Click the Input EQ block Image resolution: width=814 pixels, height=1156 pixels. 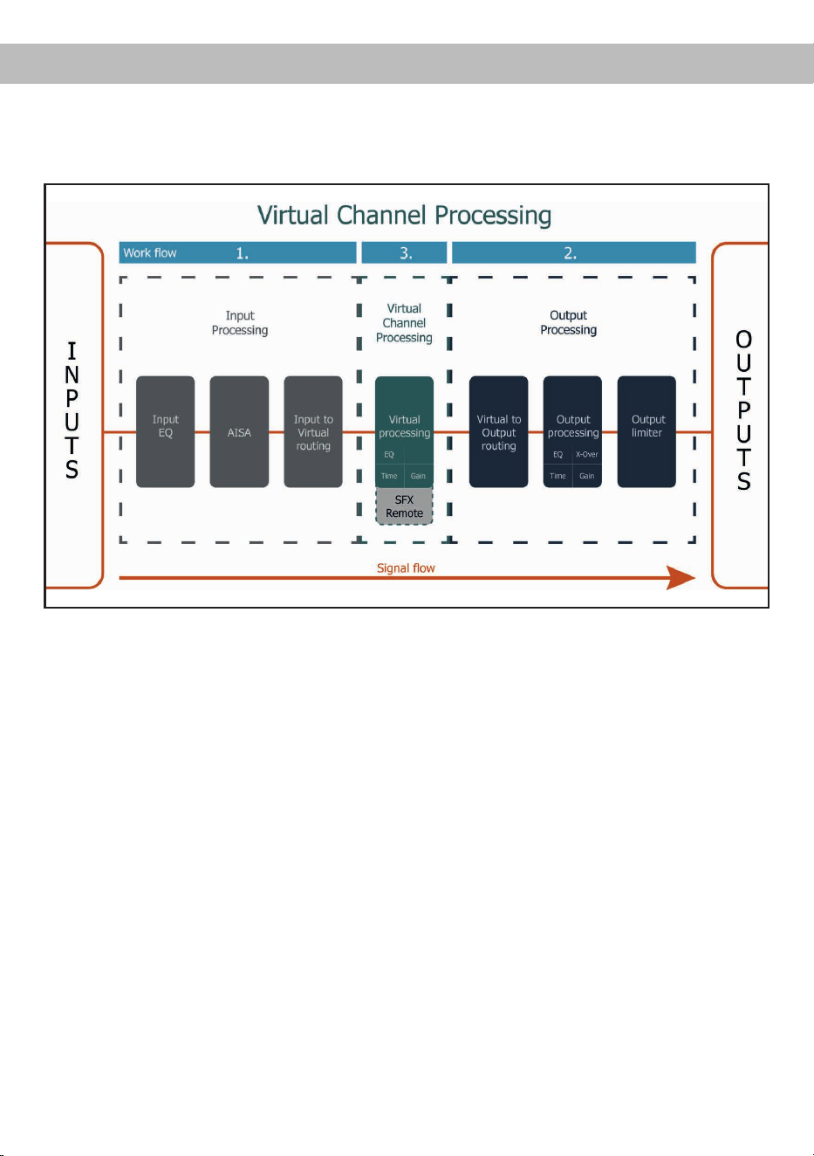point(165,431)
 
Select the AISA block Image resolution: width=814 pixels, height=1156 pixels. point(239,431)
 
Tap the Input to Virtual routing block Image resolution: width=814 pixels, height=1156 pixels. point(313,431)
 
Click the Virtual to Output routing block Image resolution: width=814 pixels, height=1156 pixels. point(498,431)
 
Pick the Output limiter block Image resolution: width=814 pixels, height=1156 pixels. point(646,431)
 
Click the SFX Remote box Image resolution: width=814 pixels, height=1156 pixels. point(404,506)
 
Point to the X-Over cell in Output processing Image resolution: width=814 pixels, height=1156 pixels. point(587,454)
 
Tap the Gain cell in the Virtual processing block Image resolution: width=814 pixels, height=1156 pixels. point(419,476)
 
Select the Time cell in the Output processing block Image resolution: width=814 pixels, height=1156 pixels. point(557,476)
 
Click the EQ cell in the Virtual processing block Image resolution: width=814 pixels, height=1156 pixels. point(389,454)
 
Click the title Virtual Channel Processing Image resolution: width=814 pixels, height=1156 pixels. point(404,215)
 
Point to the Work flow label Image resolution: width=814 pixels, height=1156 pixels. point(149,253)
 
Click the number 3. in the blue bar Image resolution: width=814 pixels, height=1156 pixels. point(406,253)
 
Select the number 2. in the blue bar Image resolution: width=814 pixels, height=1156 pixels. point(570,253)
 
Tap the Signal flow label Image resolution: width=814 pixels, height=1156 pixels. point(406,568)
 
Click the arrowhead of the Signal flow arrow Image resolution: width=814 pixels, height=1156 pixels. point(681,577)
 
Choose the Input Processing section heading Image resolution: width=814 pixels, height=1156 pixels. point(240,322)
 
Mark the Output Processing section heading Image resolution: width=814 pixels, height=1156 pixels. point(569,322)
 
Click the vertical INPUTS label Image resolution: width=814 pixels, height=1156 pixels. point(72,410)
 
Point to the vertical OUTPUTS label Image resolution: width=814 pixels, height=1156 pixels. point(743,410)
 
